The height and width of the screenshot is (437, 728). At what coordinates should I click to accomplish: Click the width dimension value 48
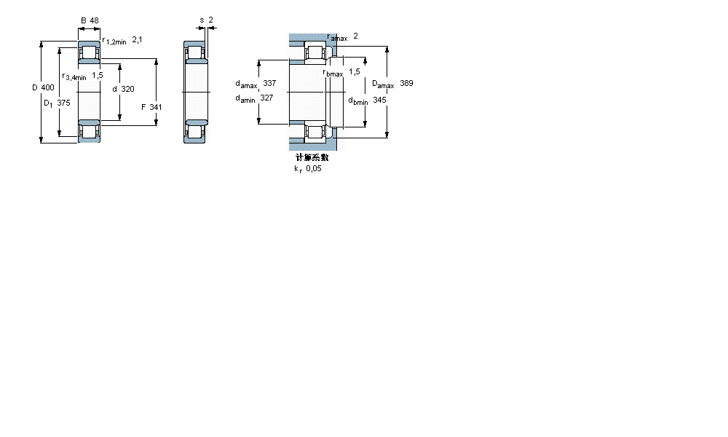(94, 20)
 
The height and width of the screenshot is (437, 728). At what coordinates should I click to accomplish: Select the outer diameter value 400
(47, 88)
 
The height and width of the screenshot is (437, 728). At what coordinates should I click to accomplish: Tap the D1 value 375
(63, 103)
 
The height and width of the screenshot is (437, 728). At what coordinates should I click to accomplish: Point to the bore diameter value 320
(127, 89)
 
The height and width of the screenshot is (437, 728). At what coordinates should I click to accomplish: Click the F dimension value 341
(155, 107)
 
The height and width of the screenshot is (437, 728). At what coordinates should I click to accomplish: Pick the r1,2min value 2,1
(137, 40)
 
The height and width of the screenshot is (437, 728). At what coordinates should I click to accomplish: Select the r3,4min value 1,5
(97, 75)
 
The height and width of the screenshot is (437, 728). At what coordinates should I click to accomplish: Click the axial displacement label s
(202, 20)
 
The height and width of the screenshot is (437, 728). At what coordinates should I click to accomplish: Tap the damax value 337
(269, 84)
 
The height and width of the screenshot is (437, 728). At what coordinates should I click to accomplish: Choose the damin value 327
(266, 98)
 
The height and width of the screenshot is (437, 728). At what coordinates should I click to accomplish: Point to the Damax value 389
(406, 84)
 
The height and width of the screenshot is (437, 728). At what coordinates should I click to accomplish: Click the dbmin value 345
(379, 100)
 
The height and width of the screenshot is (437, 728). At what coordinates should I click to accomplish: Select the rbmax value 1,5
(355, 71)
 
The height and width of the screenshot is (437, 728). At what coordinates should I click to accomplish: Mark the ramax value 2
(355, 36)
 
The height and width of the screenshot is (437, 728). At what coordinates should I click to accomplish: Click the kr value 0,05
(313, 168)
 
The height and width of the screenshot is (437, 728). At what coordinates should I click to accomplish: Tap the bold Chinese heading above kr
(312, 157)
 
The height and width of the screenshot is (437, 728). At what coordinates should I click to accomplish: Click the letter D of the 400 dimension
(34, 88)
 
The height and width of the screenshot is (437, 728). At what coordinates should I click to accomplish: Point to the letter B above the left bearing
(83, 20)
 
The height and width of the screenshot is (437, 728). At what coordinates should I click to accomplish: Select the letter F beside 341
(143, 107)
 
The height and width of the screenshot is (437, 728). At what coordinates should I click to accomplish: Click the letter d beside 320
(114, 89)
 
